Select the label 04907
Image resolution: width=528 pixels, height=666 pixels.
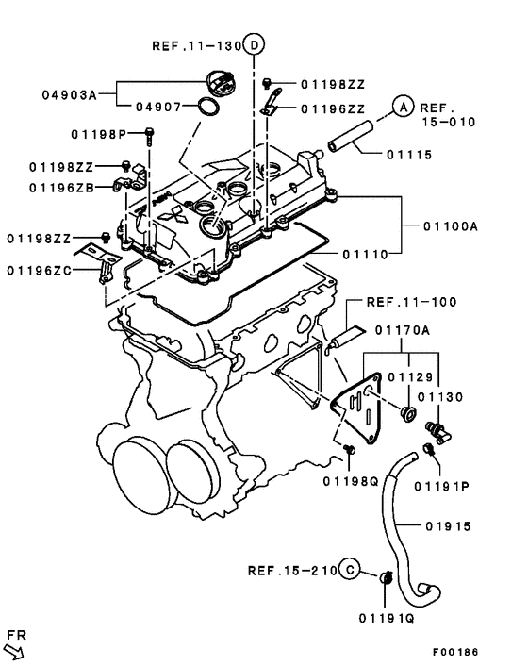pos(156,107)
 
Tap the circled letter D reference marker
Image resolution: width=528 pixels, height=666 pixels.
pos(255,44)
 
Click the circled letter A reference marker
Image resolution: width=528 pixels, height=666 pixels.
pos(403,108)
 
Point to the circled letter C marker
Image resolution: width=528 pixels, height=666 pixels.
pos(349,570)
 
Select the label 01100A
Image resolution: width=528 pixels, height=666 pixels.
pos(451,225)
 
